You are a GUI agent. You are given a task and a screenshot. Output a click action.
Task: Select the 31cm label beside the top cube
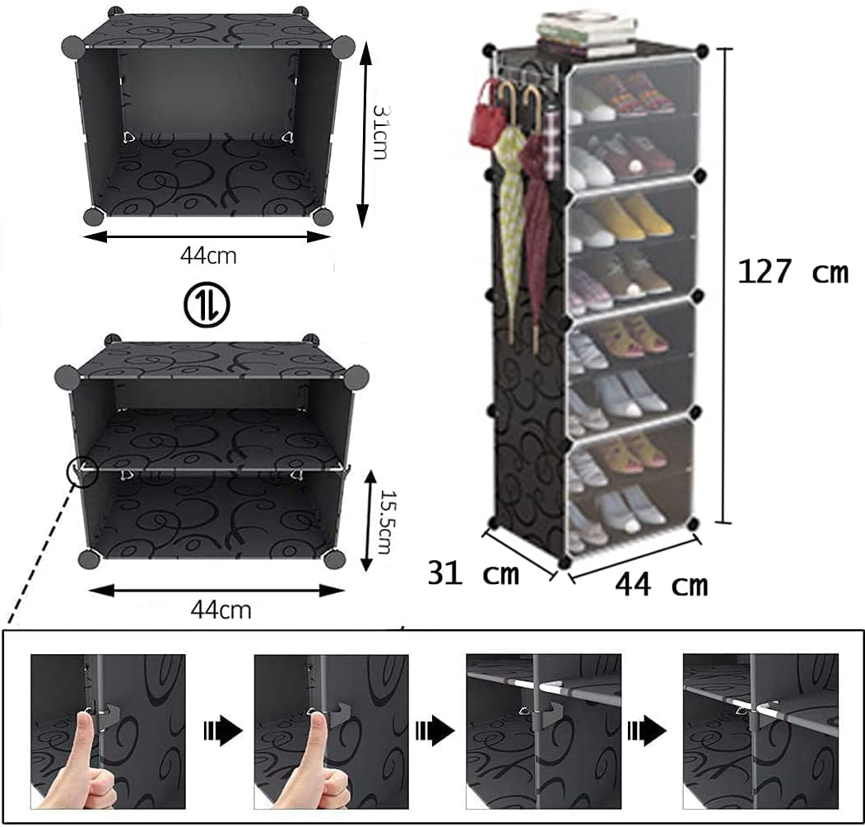point(380,132)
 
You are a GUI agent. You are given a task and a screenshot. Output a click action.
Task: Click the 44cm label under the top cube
point(208,255)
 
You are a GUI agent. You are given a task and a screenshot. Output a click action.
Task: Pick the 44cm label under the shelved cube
point(221,610)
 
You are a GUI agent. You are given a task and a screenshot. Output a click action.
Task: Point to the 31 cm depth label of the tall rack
point(473,573)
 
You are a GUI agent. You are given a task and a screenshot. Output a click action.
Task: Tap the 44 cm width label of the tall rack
point(662,585)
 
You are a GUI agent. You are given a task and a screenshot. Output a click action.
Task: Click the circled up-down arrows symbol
point(207,304)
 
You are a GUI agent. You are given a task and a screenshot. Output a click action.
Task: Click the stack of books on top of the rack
point(586,35)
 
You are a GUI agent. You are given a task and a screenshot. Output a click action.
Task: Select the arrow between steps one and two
point(223,731)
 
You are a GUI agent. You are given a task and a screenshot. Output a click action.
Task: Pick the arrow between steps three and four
point(647,731)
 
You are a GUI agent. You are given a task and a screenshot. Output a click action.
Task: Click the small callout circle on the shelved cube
point(81,472)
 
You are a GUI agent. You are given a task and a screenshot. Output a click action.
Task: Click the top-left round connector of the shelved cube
point(67,376)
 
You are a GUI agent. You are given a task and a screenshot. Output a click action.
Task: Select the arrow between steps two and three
point(435,731)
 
